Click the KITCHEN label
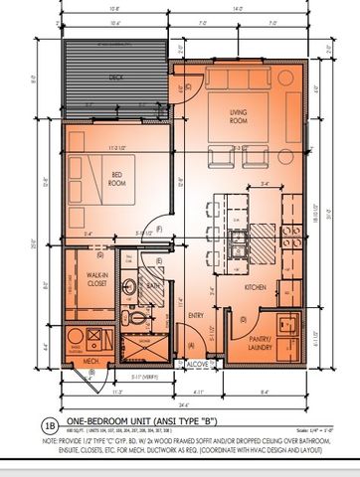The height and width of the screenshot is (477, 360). click(254, 287)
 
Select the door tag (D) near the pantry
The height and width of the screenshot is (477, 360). click(242, 319)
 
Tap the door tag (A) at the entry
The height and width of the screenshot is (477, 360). click(191, 346)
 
